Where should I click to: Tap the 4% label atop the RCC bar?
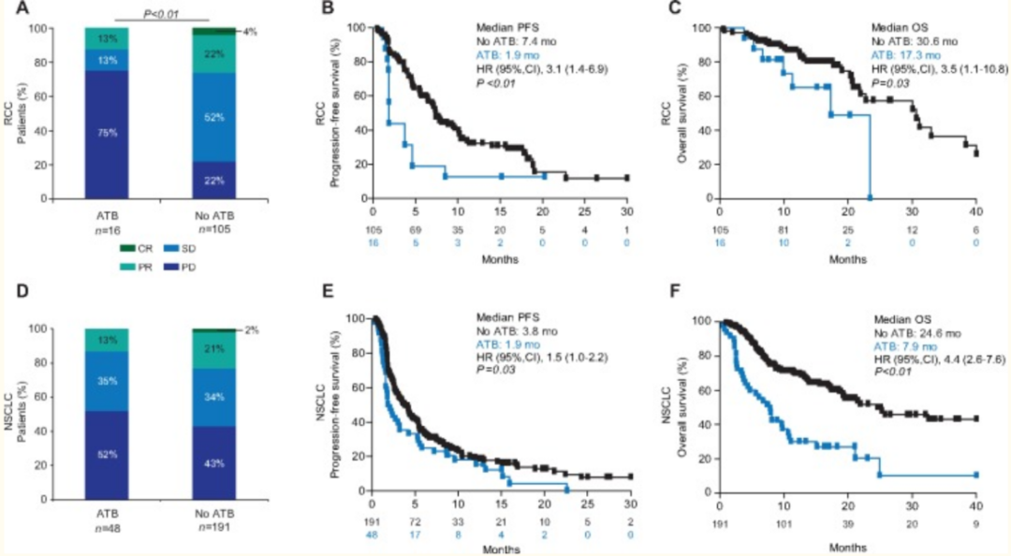click(250, 31)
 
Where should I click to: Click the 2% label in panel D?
click(250, 329)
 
